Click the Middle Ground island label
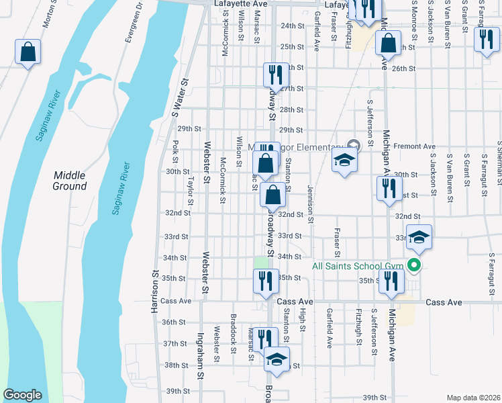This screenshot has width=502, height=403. click(x=70, y=180)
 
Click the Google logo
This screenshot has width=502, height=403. click(x=22, y=395)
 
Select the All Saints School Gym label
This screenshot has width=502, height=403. click(x=358, y=266)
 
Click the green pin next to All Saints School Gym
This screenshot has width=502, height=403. click(x=415, y=266)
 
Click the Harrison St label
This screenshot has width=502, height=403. click(x=154, y=293)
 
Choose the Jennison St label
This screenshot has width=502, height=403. click(x=310, y=204)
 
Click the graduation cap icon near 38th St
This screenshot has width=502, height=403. click(x=277, y=360)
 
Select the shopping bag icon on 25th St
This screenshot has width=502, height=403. click(x=389, y=44)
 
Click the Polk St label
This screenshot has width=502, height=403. click(x=174, y=151)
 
